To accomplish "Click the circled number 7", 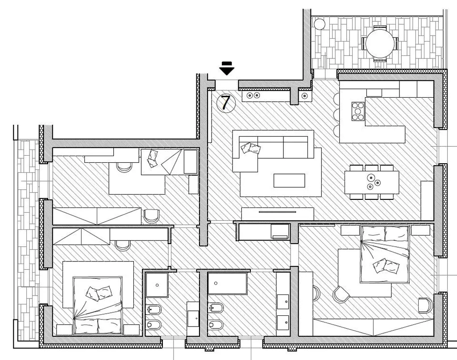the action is [x=226, y=103].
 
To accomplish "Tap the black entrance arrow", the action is [x=227, y=68].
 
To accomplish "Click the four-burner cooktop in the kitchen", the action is [x=358, y=111].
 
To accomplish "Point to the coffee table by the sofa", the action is [x=289, y=180].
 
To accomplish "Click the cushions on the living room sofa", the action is [x=250, y=148].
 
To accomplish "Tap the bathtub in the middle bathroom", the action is [x=227, y=283].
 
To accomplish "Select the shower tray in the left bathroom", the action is [x=157, y=285].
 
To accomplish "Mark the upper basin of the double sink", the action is [x=283, y=302].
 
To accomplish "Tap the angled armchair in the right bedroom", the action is [x=341, y=294].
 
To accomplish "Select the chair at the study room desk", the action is [x=124, y=166].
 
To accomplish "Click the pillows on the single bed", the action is [x=152, y=158].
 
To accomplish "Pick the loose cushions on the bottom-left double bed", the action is [x=98, y=293].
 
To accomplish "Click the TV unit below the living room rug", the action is [x=278, y=214].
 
